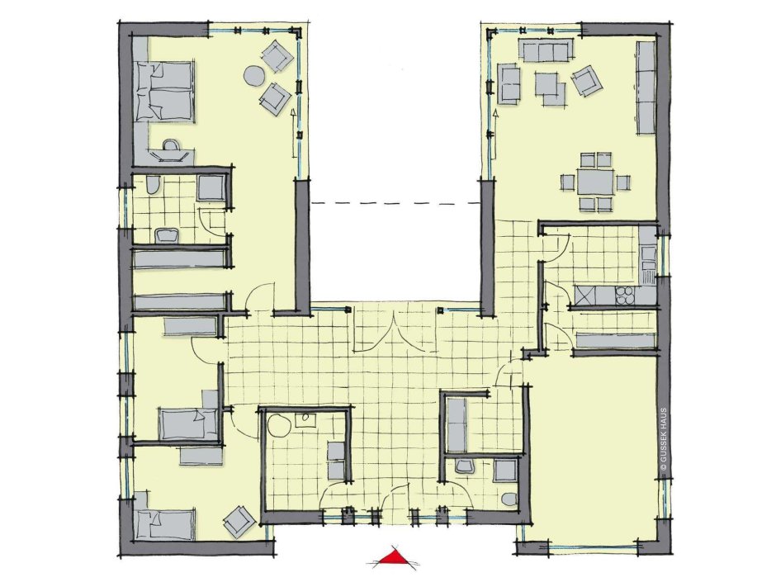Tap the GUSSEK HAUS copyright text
tap(664, 438)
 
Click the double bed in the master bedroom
tap(164, 92)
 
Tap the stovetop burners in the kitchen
tap(625, 296)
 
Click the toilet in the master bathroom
tap(153, 186)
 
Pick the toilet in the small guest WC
tap(509, 497)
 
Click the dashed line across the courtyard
tap(395, 203)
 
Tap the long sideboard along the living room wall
tap(646, 88)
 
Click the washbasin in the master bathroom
tap(168, 234)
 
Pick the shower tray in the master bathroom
tap(211, 188)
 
